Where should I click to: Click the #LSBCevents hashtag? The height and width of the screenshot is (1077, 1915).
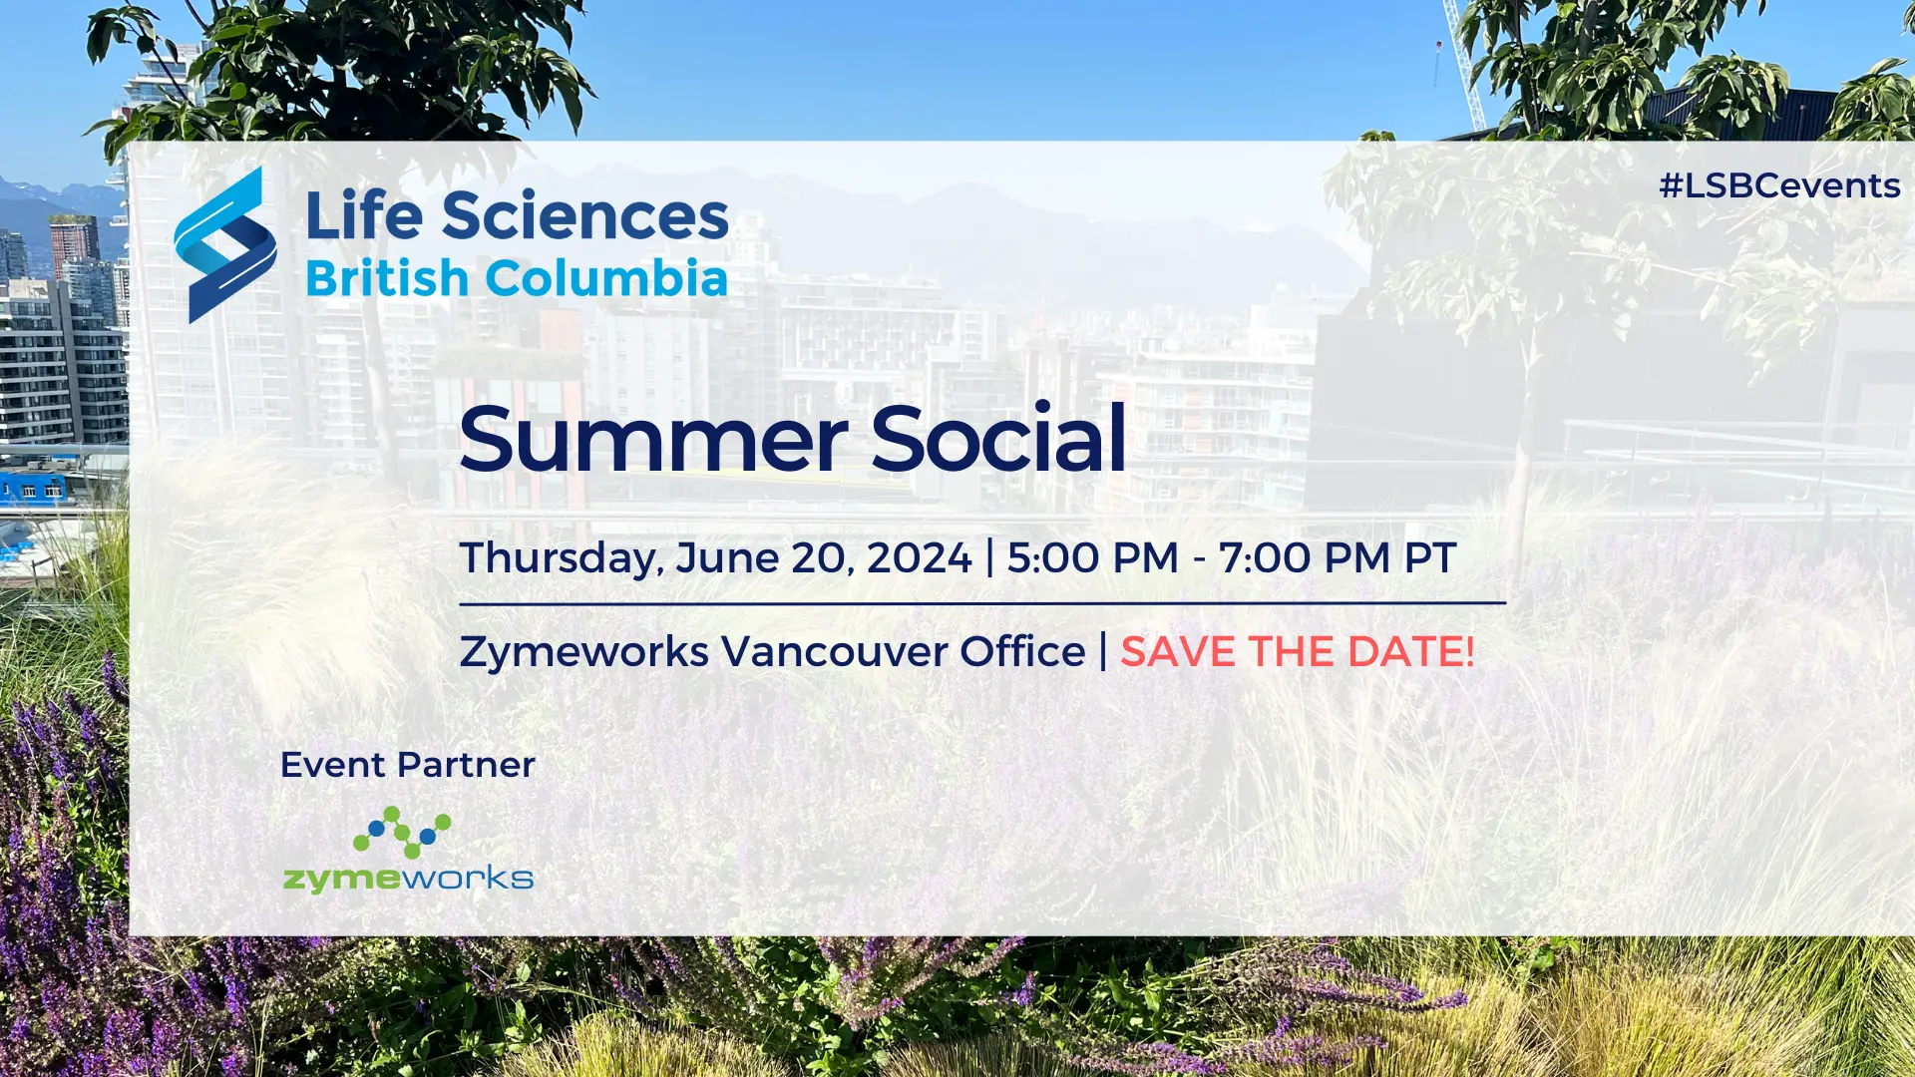1779,185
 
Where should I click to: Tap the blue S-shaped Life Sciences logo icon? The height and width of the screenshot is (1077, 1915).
225,245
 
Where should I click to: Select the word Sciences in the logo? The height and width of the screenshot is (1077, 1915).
585,216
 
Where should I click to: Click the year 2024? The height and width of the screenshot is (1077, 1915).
919,557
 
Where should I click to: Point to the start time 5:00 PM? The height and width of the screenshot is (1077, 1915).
1093,557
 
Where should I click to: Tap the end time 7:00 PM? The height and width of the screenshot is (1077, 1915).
1305,557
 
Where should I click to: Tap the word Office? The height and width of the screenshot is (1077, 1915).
1022,651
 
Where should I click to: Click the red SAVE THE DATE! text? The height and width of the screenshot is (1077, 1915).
1298,652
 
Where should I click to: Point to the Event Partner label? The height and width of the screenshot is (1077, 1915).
408,765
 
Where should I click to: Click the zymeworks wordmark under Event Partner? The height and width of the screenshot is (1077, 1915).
409,879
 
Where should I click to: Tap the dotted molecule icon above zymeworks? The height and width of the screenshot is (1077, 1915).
402,833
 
